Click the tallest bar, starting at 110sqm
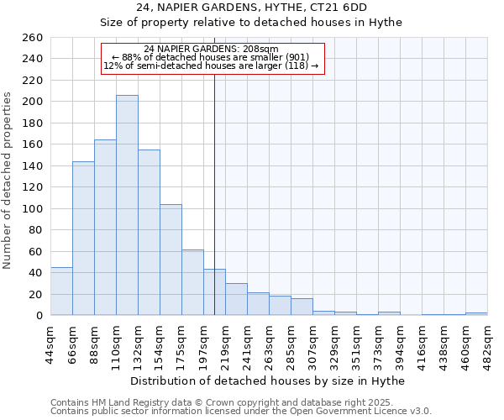pos(127,205)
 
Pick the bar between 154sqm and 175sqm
pos(171,260)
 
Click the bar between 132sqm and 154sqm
pos(149,232)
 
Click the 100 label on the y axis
pos(34,208)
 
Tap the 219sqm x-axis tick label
pos(226,341)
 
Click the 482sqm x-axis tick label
pos(488,341)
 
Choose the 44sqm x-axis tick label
pos(51,341)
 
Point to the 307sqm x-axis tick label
pos(313,341)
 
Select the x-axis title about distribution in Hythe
pos(268,381)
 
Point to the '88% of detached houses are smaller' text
pos(211,57)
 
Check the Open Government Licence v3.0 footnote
pos(241,412)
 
